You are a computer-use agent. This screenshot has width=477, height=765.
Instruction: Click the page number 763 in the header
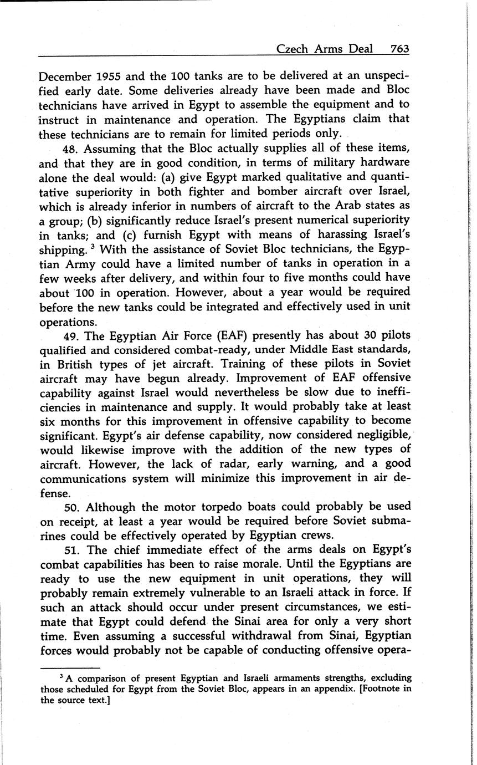[x=399, y=49]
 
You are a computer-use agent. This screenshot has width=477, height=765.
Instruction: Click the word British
[x=76, y=364]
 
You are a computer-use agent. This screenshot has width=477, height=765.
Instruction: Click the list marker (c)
[x=152, y=234]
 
